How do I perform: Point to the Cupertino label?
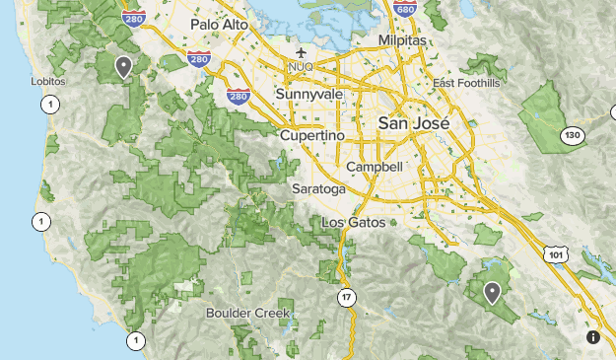pos(311,134)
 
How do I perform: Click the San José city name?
pos(413,124)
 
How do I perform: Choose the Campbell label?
pos(375,168)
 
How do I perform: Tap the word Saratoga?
pos(318,188)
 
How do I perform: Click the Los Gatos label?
pos(353,222)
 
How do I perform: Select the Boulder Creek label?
pos(248,313)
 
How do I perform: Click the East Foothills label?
pos(466,83)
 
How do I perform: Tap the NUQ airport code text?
pos(300,67)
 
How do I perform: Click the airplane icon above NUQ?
pos(300,52)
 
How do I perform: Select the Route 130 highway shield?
pos(572,134)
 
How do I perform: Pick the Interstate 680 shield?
pos(403,9)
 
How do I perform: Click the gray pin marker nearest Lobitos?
pos(123,66)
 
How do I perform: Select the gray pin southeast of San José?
pos(492,292)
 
